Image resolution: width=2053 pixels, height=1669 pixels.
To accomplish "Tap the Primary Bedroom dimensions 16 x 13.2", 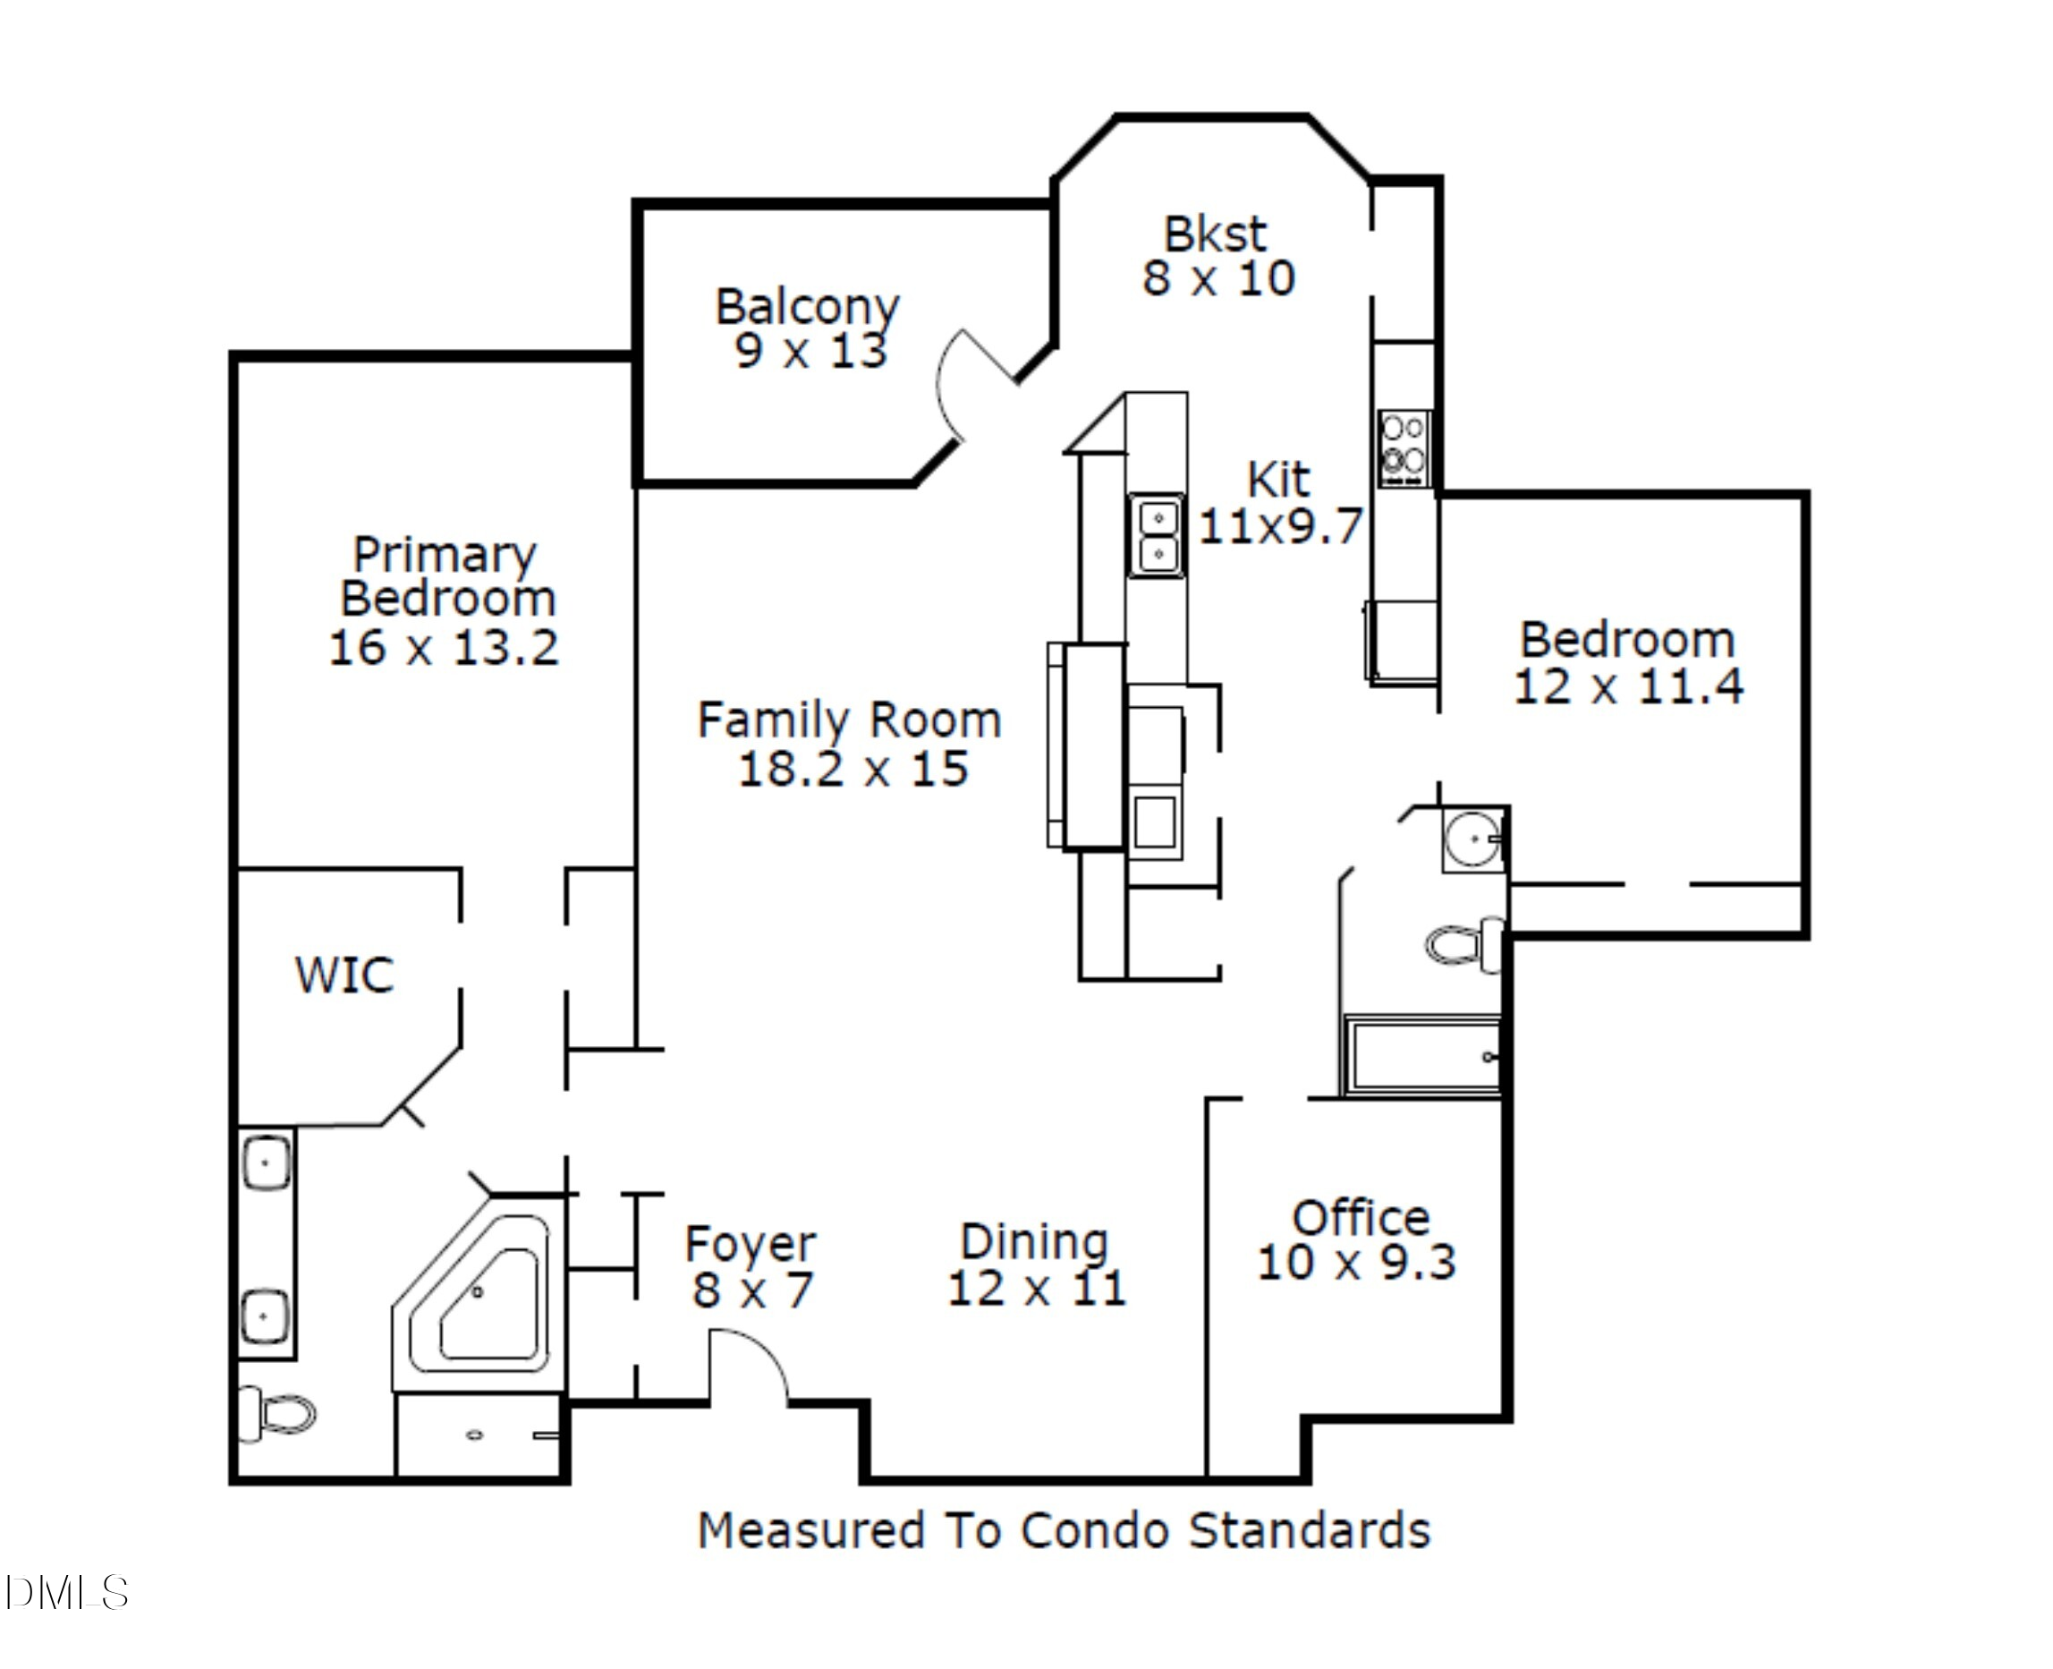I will pos(443,647).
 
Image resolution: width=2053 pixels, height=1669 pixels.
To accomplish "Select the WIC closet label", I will pos(344,975).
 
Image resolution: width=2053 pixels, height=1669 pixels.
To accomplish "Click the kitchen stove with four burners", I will pos(1404,449).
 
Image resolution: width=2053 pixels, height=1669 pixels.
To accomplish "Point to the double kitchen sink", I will pos(1158,535).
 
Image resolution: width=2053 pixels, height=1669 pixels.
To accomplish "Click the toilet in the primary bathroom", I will pos(280,1413).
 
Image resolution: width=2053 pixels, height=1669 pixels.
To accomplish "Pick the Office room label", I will pos(1360,1218).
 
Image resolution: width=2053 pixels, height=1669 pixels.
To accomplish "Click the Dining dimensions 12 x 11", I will pos(1036,1289).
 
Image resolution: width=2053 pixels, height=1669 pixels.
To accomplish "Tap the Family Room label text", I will pos(849,720).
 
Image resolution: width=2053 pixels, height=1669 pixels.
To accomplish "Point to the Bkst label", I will pos(1215,234).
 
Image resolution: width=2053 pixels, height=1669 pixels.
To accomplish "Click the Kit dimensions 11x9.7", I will pos(1280,526).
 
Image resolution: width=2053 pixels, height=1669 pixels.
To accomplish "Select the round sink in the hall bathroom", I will pos(1472,839).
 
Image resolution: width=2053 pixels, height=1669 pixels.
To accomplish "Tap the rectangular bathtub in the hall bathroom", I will pos(1422,1057).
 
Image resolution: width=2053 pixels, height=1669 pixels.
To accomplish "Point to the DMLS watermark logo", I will pos(65,1593).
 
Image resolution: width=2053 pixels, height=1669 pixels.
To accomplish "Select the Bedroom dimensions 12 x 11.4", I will pos(1628,686).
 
